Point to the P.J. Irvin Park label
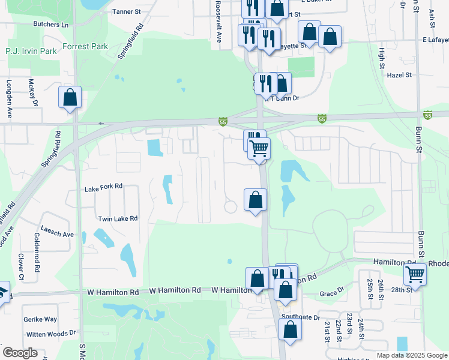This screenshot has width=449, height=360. (x=31, y=51)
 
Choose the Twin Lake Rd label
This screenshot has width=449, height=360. (x=118, y=219)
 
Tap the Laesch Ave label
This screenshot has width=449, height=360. (x=58, y=234)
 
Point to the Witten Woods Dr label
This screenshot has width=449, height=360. (x=50, y=332)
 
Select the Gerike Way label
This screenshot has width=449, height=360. (x=40, y=320)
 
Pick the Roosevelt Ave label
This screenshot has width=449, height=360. (x=219, y=21)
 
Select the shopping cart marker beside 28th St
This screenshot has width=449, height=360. (x=415, y=274)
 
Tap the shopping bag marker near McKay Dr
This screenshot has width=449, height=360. (x=70, y=97)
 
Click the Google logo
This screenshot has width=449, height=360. (x=20, y=353)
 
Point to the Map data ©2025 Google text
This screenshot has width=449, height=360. (x=411, y=355)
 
